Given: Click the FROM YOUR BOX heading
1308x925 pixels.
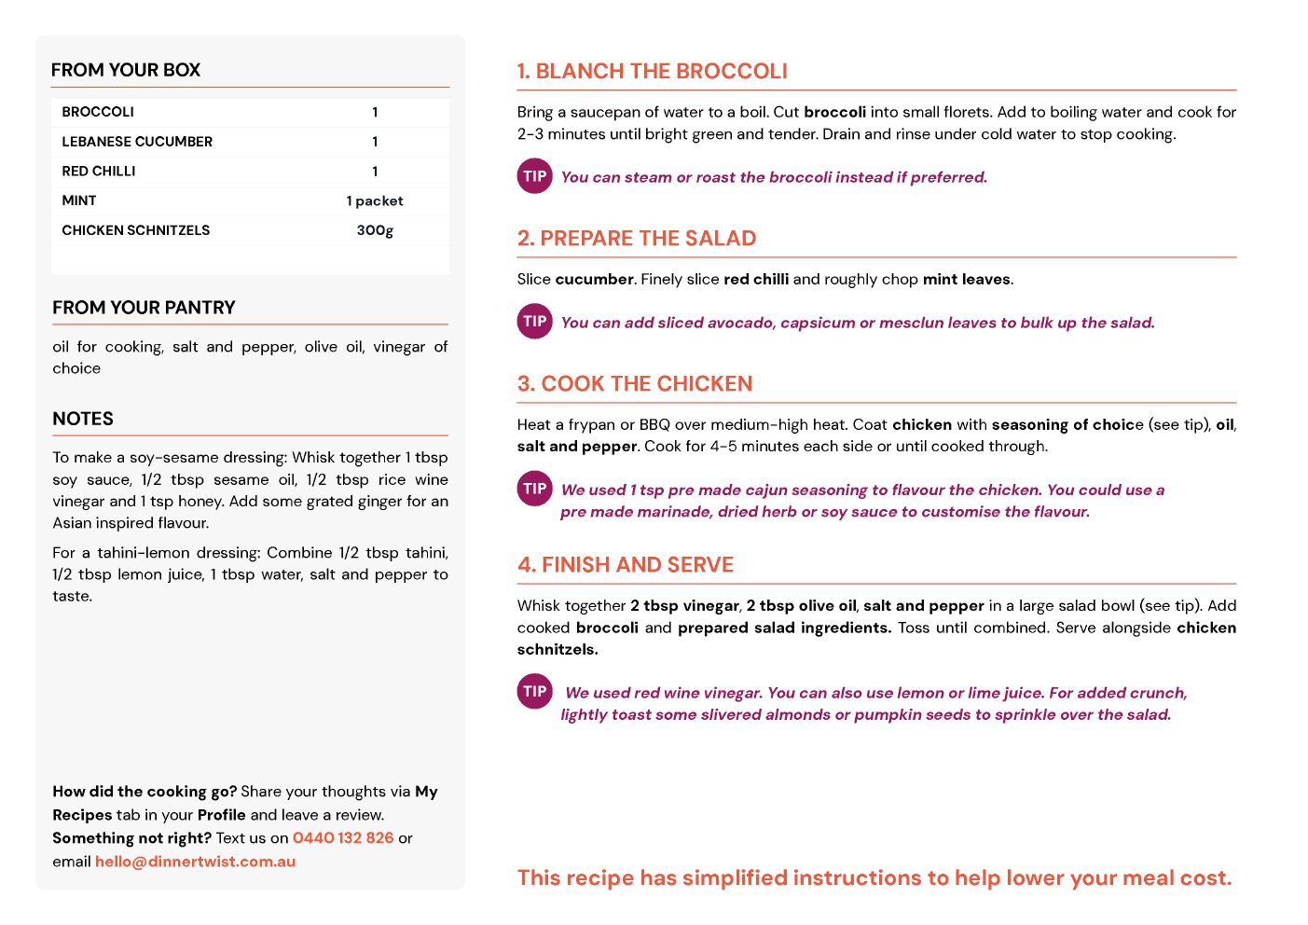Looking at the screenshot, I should [x=126, y=70].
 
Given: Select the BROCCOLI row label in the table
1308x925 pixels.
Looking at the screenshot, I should [x=98, y=112].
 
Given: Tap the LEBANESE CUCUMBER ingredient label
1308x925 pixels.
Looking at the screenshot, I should [x=137, y=142].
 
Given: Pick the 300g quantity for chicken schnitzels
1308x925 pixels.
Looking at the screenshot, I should [x=375, y=230].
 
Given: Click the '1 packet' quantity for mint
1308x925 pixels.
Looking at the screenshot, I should [x=375, y=200].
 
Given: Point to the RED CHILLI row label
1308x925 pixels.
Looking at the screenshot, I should [x=99, y=172].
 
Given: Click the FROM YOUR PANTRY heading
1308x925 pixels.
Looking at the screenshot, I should [x=144, y=308].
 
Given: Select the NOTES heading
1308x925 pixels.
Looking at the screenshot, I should [x=83, y=419].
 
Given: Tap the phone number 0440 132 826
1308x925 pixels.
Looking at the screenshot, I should [x=343, y=838].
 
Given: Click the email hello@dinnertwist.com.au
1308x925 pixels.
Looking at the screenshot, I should [x=195, y=862].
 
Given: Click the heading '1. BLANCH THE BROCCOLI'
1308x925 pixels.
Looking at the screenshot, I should [x=653, y=72].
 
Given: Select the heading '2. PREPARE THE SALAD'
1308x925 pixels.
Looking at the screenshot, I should [x=637, y=239].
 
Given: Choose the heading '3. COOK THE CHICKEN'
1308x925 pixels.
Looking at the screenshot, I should [x=635, y=384].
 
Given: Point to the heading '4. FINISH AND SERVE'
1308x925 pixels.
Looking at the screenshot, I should [x=626, y=565].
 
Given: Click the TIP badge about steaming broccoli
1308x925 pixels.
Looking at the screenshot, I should [x=535, y=176].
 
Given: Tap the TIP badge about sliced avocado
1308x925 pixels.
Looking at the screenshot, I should [x=535, y=321].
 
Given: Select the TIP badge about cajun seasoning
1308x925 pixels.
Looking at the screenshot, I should [x=535, y=489].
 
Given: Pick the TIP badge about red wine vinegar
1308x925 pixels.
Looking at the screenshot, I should [x=535, y=691].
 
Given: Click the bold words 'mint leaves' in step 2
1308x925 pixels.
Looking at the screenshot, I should [x=967, y=280].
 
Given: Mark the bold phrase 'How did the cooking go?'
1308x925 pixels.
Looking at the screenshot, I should [x=145, y=792].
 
